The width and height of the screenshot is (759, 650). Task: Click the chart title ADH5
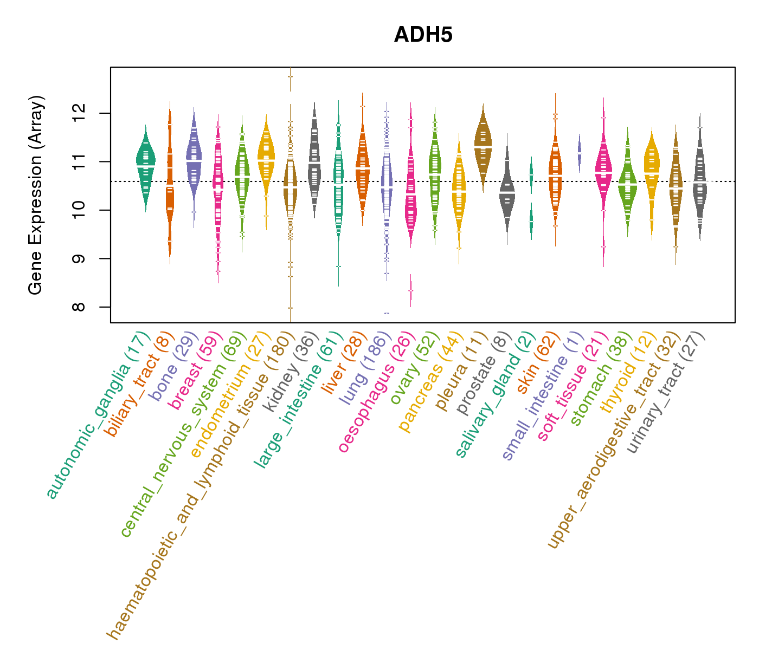(423, 35)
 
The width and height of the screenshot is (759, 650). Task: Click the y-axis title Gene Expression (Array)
(36, 195)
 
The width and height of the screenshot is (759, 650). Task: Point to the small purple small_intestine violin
(579, 152)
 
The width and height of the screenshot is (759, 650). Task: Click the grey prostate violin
(507, 192)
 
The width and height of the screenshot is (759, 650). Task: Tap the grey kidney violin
(314, 162)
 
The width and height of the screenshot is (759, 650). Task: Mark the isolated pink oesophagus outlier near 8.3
(410, 290)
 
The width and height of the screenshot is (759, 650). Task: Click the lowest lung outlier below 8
(387, 313)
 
